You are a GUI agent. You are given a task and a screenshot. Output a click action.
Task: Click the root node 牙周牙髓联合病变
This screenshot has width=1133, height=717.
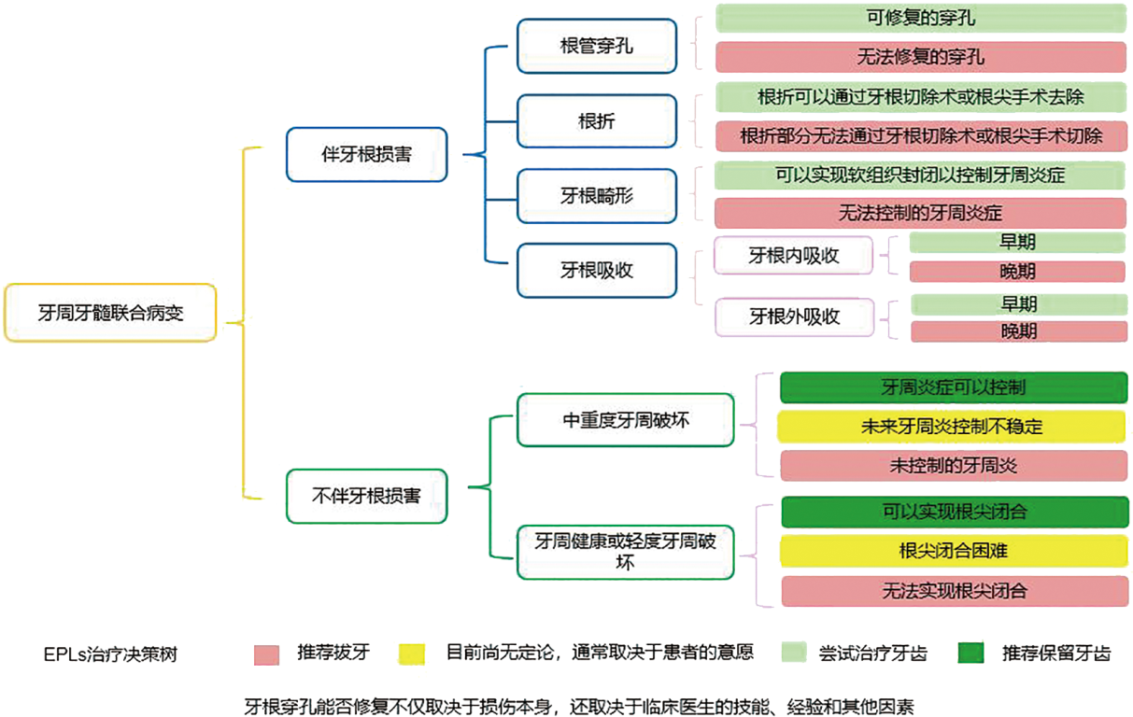point(110,313)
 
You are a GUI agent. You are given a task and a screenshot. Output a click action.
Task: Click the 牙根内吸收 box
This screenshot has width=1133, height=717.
point(793,256)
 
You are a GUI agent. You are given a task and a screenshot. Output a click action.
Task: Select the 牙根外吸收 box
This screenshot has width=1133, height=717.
point(793,316)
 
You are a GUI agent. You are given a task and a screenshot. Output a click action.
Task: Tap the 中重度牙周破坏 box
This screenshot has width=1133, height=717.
point(625,420)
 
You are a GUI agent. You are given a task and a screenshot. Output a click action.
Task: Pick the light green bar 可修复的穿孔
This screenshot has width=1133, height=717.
point(920,18)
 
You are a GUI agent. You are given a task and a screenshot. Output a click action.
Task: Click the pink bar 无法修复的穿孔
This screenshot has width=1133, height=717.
point(920,57)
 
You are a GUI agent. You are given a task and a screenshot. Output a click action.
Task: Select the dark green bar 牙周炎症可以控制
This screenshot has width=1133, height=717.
point(953,387)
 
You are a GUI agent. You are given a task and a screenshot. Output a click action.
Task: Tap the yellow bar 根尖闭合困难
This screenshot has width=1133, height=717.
point(953,551)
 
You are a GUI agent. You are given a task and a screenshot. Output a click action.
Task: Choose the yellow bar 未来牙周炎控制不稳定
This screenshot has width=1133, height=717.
point(953,427)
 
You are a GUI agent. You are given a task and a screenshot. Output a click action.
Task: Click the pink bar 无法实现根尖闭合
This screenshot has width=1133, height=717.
point(953,591)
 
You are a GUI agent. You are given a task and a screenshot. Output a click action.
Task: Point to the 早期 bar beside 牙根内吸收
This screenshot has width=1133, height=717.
point(1017,243)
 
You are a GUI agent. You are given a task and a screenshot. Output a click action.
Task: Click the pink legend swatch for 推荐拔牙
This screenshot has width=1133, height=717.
point(267,654)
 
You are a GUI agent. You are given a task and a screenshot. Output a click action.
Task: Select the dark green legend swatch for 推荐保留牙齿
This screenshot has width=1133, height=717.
point(972,654)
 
